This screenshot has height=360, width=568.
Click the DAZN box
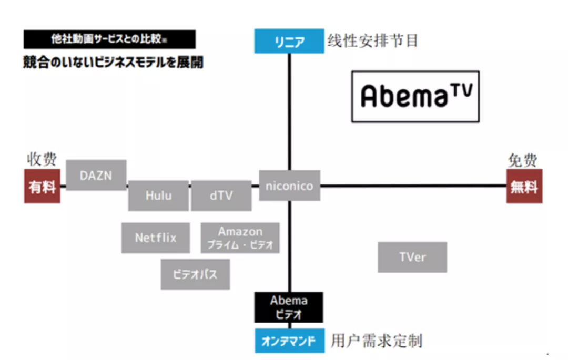(96, 175)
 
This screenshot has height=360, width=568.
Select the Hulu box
(158, 196)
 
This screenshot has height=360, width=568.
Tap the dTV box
(221, 196)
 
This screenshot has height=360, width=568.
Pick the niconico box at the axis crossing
(289, 186)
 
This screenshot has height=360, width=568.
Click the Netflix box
(156, 238)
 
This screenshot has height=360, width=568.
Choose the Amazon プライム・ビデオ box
(240, 238)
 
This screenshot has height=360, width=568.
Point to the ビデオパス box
(195, 274)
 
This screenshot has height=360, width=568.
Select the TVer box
(412, 257)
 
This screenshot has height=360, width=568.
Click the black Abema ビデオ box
(289, 307)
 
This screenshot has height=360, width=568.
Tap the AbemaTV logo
(415, 96)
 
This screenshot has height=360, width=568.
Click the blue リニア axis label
(289, 42)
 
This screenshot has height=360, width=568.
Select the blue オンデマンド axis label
(289, 341)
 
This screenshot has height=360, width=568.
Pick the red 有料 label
(42, 187)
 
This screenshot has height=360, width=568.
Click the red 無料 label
(524, 187)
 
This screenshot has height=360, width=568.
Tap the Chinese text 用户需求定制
(377, 341)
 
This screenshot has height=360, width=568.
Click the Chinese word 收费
(42, 160)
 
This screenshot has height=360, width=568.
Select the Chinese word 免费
(523, 160)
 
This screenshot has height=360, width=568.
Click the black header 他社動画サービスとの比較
(109, 39)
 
